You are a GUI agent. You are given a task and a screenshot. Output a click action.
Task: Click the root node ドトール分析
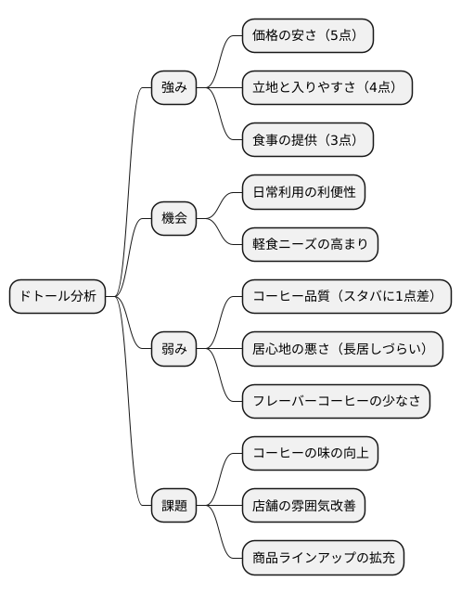click(x=57, y=297)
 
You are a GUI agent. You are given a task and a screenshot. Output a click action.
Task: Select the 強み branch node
click(x=174, y=88)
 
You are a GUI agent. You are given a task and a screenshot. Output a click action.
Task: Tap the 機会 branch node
click(x=174, y=219)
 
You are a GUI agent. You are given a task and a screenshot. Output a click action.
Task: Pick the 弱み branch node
click(x=174, y=349)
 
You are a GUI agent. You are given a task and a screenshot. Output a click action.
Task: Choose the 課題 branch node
click(x=174, y=506)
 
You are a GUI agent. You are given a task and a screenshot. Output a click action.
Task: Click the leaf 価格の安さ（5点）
click(x=307, y=36)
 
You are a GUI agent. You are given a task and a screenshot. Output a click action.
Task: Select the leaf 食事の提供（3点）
click(x=307, y=140)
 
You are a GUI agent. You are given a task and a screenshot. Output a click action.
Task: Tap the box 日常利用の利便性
click(x=302, y=192)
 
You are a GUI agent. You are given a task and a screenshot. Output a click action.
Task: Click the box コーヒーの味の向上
click(x=310, y=454)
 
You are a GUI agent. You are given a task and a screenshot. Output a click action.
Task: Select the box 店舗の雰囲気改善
click(x=302, y=506)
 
